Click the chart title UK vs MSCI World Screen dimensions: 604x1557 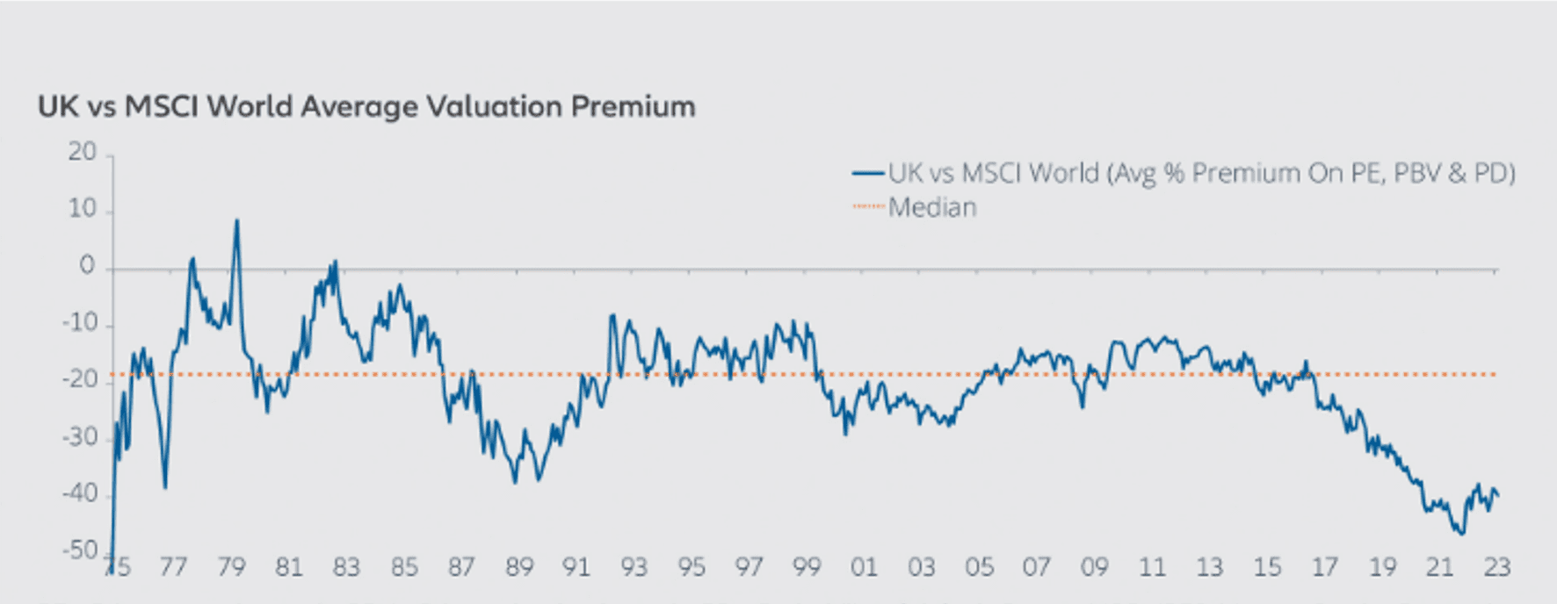click(366, 107)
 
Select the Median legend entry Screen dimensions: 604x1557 click(932, 208)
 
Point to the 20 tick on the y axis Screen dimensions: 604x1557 click(83, 152)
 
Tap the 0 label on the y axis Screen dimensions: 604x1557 click(87, 266)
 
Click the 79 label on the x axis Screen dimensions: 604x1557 click(231, 567)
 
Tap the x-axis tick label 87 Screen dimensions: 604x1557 click(461, 567)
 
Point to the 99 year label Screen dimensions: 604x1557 click(807, 567)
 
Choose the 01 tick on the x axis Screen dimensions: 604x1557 click(864, 567)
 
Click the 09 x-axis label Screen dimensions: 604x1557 click(1094, 567)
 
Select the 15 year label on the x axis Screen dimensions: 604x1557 click(1267, 567)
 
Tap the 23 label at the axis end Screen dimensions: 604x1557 click(1496, 567)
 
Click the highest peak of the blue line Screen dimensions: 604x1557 click(236, 220)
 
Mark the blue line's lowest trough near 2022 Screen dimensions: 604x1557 click(1462, 533)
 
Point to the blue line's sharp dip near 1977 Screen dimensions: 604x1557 click(165, 487)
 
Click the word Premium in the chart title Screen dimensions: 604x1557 click(634, 107)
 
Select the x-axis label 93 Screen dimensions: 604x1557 click(634, 567)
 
